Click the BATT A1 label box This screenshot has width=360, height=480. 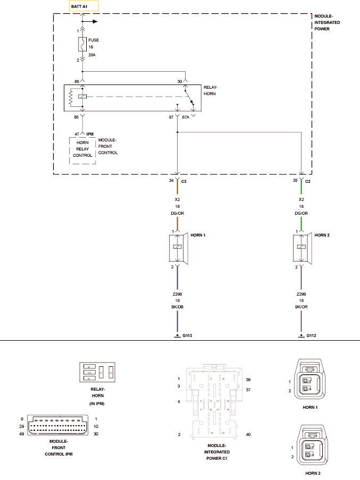click(x=83, y=6)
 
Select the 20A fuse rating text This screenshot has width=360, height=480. click(x=92, y=55)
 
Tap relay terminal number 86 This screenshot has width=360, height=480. click(x=77, y=81)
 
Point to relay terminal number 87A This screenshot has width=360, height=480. click(x=186, y=117)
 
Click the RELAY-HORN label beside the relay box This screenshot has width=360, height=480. click(x=211, y=90)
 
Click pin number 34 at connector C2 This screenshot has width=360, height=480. click(x=171, y=181)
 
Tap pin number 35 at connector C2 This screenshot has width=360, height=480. click(x=296, y=181)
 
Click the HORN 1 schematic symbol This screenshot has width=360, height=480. click(x=178, y=248)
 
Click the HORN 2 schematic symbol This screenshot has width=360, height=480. click(x=303, y=248)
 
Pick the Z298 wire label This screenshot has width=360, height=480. click(x=178, y=293)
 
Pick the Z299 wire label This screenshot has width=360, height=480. click(x=302, y=293)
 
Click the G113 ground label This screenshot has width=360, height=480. click(x=187, y=336)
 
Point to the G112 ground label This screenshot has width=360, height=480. click(x=311, y=336)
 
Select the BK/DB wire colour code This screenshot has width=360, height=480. click(x=178, y=307)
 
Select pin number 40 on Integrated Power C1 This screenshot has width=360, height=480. click(x=248, y=435)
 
